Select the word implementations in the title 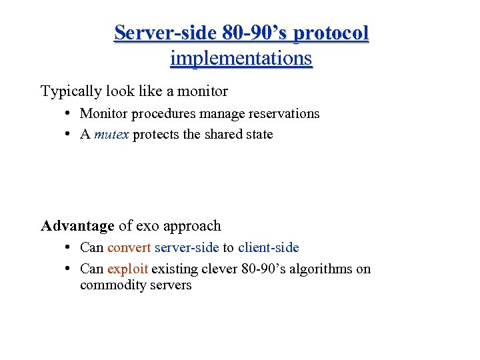click(241, 58)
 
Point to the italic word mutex click(112, 135)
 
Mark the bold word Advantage click(77, 226)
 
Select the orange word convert click(129, 248)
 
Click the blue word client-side click(268, 248)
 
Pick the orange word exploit click(127, 269)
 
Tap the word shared click(223, 135)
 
